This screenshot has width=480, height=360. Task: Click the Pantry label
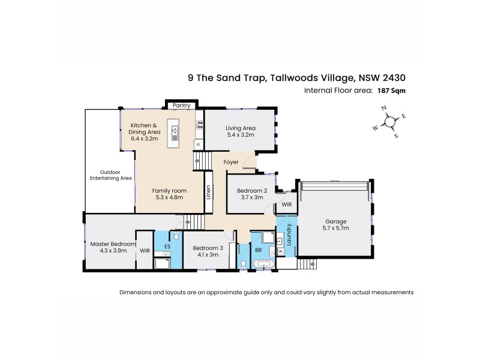coord(181,106)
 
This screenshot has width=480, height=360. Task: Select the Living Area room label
coord(241,128)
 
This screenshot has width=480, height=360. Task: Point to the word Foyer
coord(231,163)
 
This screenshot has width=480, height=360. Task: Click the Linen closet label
coord(209,193)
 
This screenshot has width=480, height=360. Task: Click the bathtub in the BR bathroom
coord(264,264)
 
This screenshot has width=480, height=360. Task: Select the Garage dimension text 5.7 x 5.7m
coord(336,229)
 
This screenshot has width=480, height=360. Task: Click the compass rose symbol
coord(390,122)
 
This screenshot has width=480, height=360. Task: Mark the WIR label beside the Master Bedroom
coord(144,251)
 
